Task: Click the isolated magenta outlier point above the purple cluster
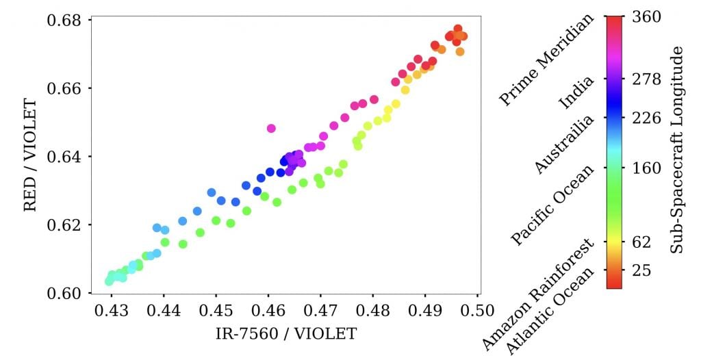pos(271,128)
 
